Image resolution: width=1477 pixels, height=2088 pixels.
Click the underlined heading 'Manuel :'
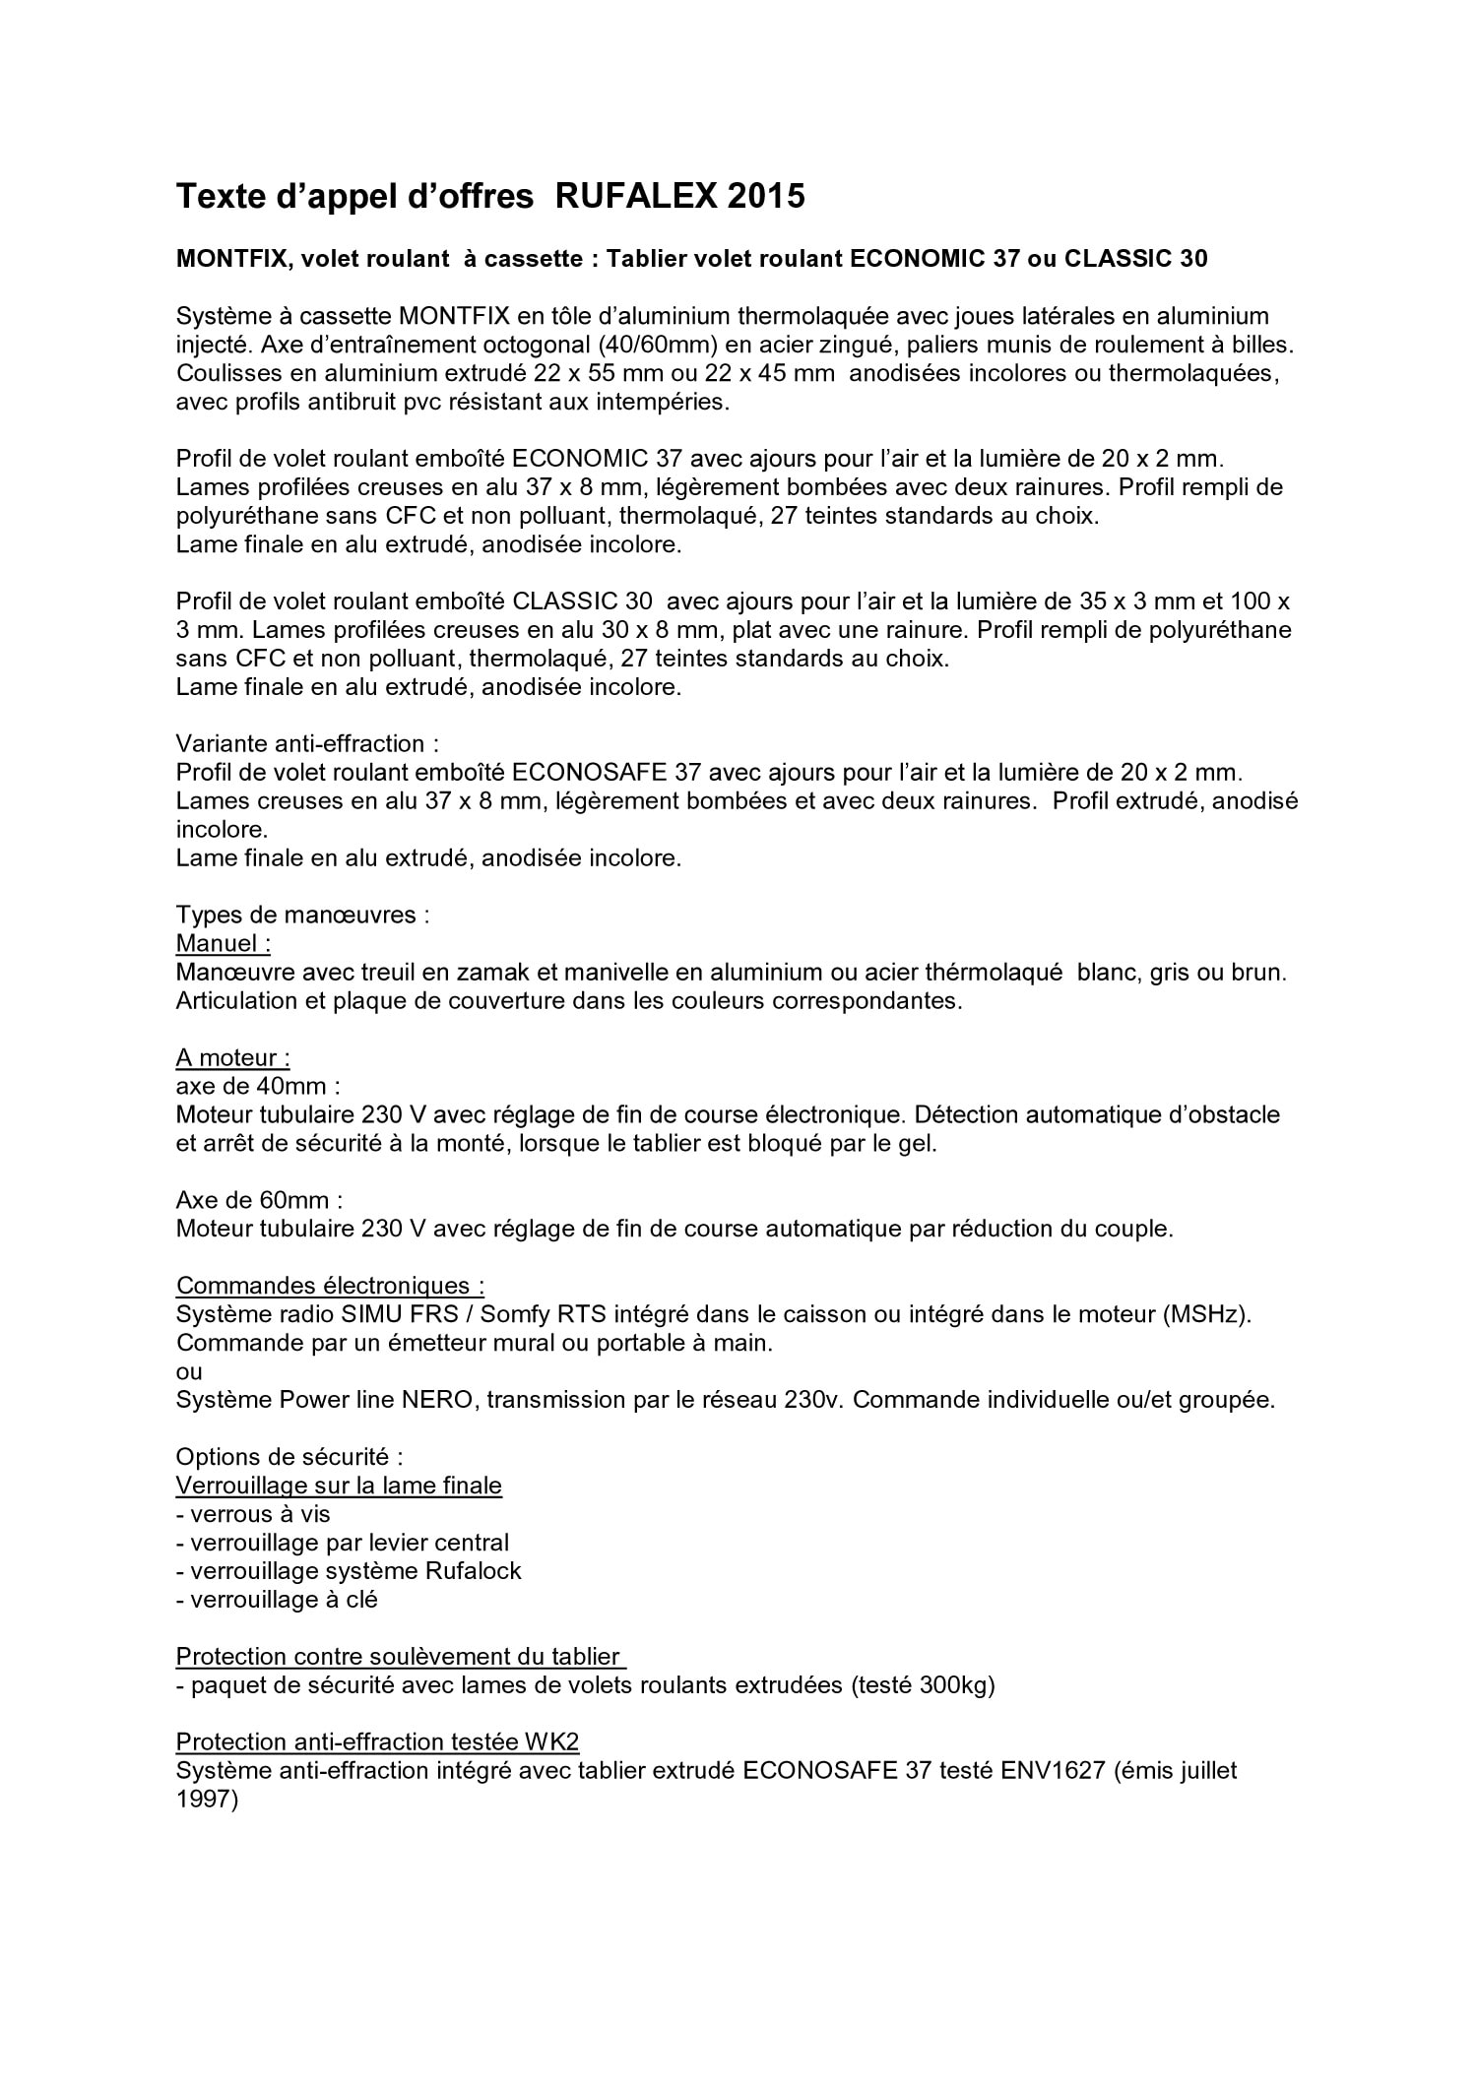(223, 943)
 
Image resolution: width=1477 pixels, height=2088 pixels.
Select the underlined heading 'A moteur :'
(232, 1057)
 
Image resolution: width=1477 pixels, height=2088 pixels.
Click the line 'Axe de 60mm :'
(259, 1200)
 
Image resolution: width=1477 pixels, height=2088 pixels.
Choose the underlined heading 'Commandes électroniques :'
(330, 1286)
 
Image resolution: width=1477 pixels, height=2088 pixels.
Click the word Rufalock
(473, 1571)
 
